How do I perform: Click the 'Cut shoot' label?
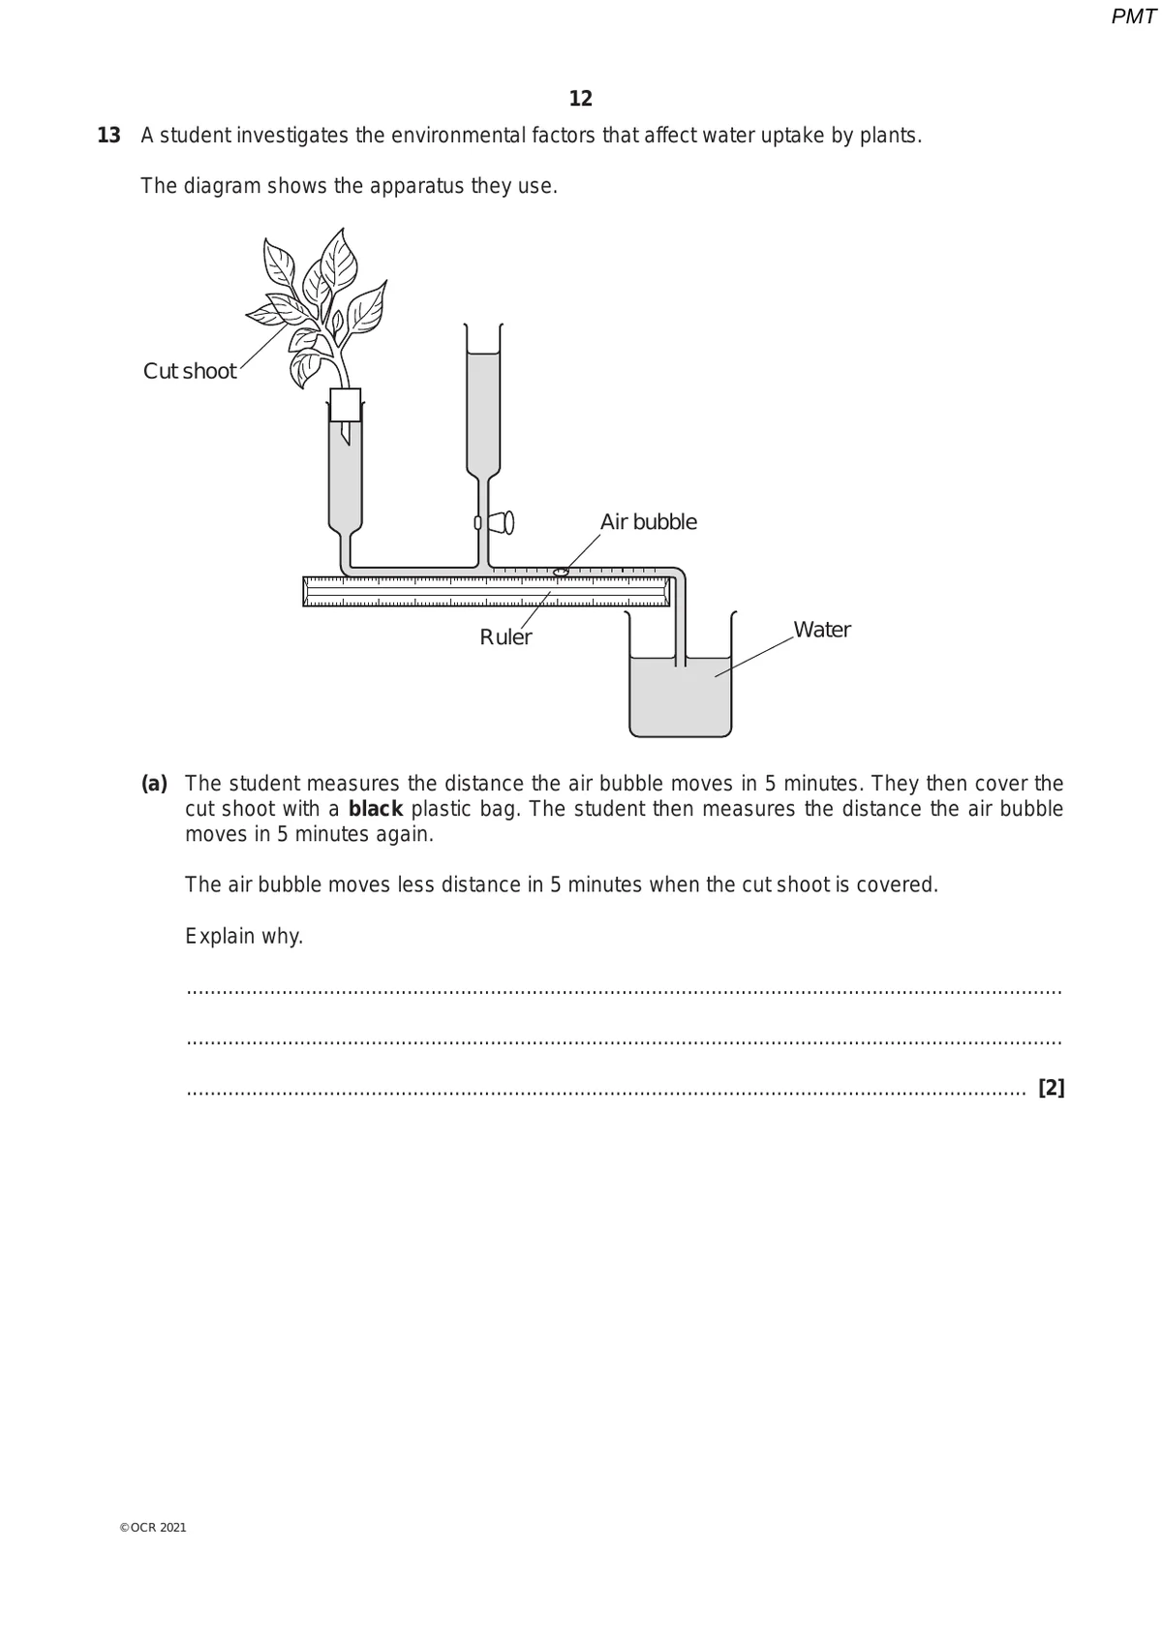point(190,371)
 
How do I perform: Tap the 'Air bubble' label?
point(648,522)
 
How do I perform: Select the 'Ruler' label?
point(505,637)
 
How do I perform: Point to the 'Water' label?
point(821,630)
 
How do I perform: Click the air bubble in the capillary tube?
point(560,573)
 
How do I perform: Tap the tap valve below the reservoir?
point(501,522)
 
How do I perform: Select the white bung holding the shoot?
point(346,404)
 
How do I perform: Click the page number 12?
point(581,99)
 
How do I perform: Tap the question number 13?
point(109,136)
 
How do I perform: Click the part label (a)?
point(155,783)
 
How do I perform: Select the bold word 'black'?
point(375,809)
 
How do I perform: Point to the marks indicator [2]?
point(1051,1088)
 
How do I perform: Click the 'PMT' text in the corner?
point(1133,16)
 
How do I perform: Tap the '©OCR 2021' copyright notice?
point(153,1528)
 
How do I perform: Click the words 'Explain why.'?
point(244,937)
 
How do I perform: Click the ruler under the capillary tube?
point(485,591)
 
